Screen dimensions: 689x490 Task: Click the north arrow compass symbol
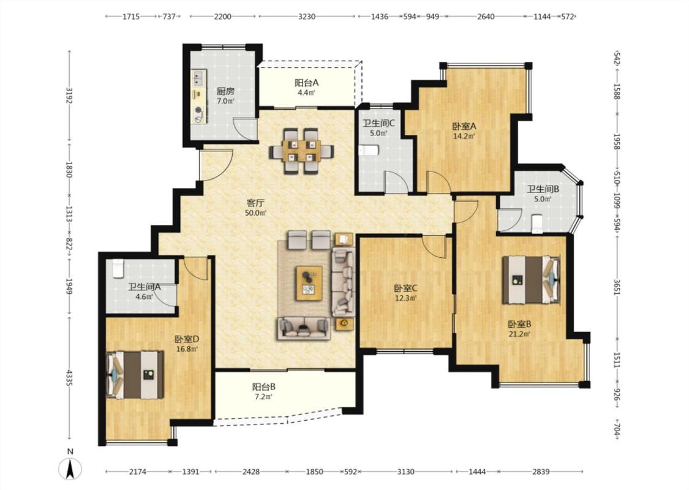70,469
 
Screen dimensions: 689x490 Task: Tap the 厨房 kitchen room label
225,91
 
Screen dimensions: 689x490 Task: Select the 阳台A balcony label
306,83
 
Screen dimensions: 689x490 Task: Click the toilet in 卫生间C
369,151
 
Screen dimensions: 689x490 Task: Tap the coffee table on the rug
309,283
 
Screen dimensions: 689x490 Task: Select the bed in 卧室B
531,280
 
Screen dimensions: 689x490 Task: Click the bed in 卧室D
135,374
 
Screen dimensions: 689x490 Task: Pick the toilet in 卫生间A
118,268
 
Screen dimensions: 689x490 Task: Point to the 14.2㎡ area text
464,136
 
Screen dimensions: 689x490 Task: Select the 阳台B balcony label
263,386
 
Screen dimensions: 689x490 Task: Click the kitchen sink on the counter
198,78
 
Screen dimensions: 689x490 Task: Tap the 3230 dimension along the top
307,17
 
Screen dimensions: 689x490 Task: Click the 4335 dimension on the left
69,378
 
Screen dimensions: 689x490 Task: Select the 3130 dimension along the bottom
405,472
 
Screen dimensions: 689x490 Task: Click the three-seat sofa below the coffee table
304,328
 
